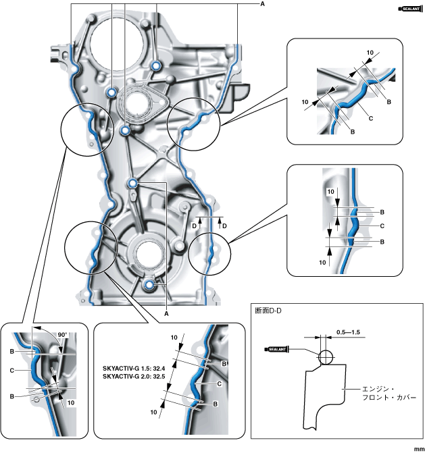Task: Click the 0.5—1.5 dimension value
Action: point(349,331)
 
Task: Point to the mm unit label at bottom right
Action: point(417,447)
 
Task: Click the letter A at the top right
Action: point(262,5)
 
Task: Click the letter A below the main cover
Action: point(166,313)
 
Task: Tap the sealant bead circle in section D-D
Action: point(326,356)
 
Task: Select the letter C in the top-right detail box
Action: point(371,116)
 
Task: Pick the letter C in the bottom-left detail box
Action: point(14,370)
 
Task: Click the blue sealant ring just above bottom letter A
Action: point(149,286)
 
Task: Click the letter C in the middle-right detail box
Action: point(382,225)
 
